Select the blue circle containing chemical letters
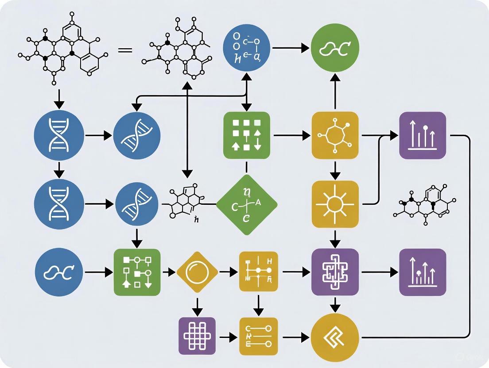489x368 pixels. click(x=247, y=49)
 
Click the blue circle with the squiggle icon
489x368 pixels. click(x=59, y=272)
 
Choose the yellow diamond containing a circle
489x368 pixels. click(x=197, y=272)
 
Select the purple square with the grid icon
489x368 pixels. click(x=197, y=336)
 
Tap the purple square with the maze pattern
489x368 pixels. click(x=335, y=272)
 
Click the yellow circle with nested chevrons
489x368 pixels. click(x=335, y=337)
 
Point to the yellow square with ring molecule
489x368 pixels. click(x=335, y=135)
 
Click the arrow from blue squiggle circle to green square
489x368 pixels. click(x=97, y=272)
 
